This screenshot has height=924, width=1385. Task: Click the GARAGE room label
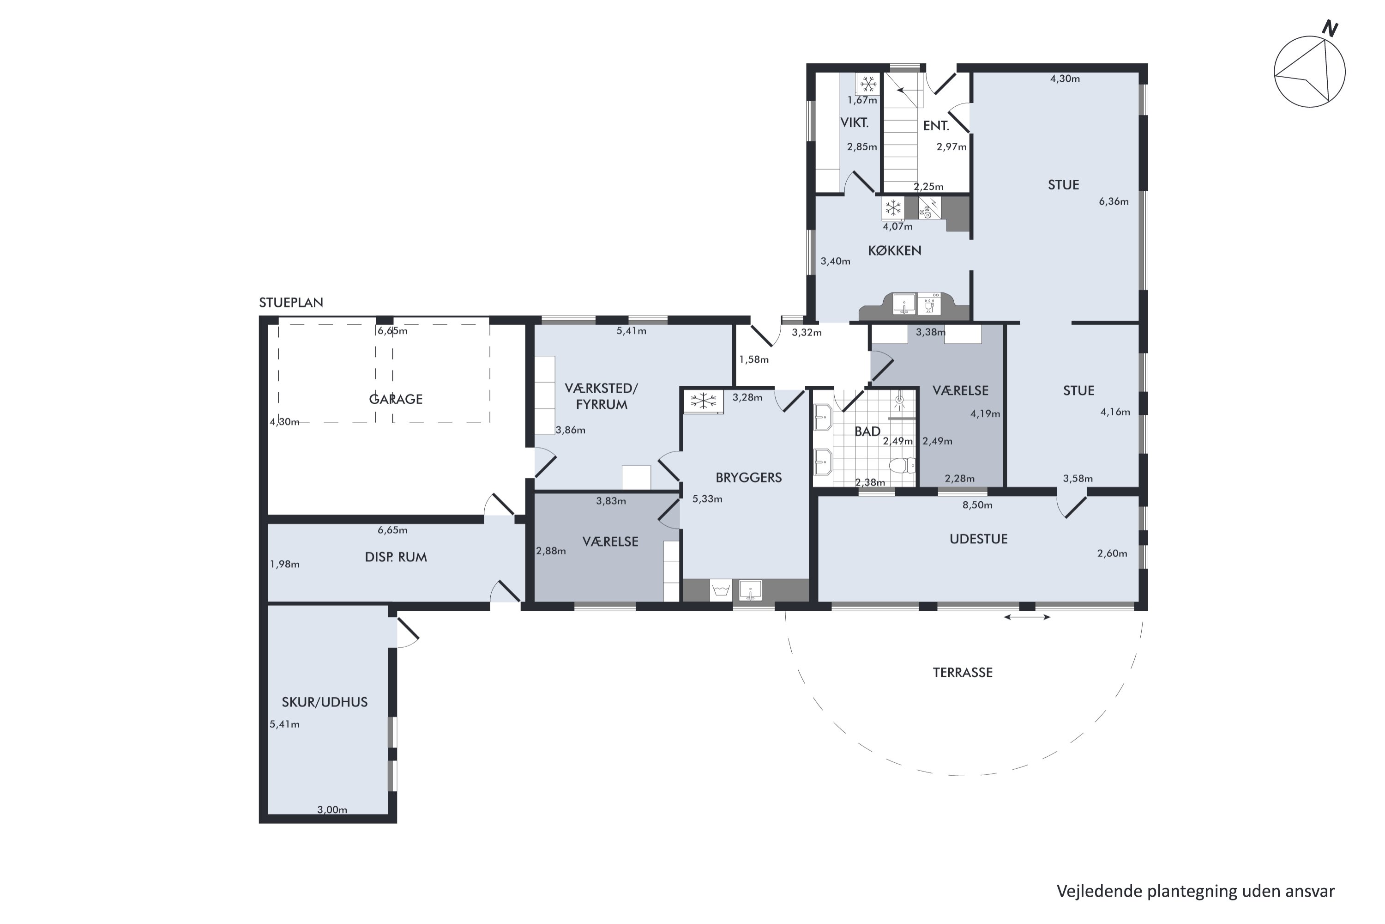396,399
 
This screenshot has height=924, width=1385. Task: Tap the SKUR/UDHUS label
325,702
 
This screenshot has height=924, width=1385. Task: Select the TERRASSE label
963,672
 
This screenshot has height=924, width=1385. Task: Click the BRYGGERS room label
748,477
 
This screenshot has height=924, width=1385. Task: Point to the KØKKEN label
895,250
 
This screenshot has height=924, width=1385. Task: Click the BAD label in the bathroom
867,432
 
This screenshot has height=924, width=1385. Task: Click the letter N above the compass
1330,28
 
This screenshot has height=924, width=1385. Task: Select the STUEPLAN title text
291,302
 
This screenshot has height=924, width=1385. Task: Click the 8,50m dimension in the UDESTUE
977,505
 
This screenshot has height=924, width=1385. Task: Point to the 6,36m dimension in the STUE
1114,201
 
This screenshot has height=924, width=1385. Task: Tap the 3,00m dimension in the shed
332,810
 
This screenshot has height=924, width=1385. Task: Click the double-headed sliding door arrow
1027,617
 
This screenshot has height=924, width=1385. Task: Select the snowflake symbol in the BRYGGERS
703,401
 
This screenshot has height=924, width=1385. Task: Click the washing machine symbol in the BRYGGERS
721,590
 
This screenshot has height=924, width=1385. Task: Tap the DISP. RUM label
396,557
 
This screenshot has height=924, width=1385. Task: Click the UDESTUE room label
978,539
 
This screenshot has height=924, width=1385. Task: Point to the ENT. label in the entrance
936,126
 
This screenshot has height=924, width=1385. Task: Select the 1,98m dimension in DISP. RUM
285,565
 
